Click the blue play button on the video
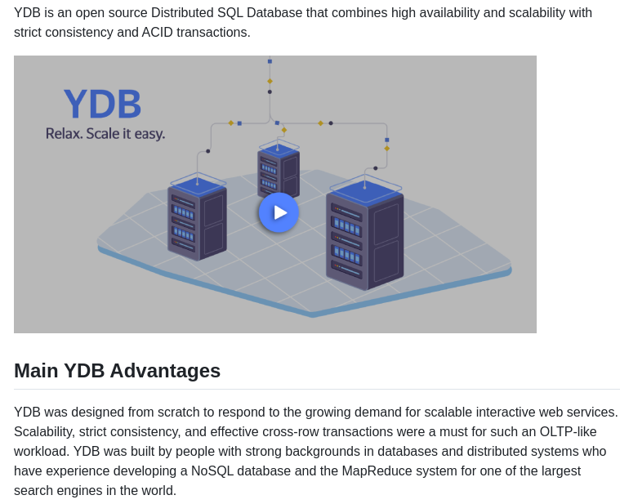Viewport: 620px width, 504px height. coord(279,212)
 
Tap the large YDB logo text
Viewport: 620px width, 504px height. coord(102,105)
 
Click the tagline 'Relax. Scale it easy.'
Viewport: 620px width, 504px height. coord(105,133)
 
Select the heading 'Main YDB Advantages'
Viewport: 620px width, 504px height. coord(117,371)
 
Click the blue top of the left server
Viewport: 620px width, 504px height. coord(197,185)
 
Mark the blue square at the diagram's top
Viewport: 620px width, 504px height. coord(270,61)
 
